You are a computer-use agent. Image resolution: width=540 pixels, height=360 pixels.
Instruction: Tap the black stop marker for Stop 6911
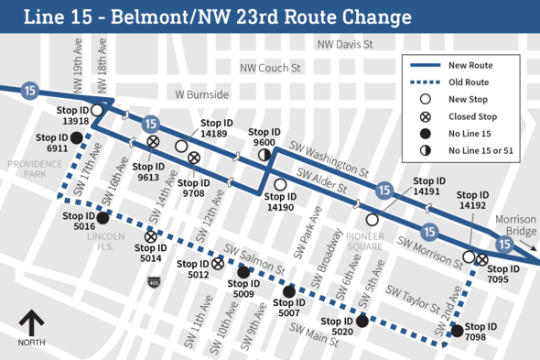[x=77, y=138]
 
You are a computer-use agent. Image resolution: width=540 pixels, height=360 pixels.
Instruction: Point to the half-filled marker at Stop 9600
[x=265, y=156]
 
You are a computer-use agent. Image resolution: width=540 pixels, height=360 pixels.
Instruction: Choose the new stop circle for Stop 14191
[x=373, y=220]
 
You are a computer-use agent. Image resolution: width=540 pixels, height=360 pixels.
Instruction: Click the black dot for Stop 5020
[x=362, y=321]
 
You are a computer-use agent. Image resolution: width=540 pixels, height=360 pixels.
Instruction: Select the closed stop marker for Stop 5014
[x=150, y=237]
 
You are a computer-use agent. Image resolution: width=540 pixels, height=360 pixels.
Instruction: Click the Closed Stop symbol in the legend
[x=425, y=117]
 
